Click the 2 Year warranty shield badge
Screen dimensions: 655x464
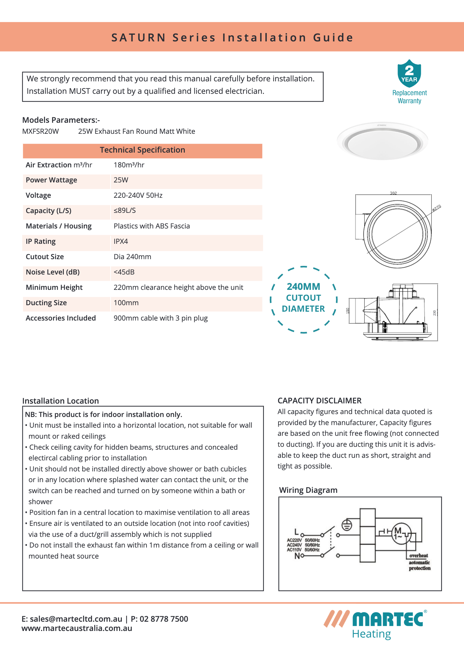[409, 74]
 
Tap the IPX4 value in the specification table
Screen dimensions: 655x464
[121, 241]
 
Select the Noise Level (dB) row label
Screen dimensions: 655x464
[52, 272]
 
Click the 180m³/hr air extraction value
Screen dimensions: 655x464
[129, 165]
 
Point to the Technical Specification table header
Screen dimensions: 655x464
[142, 150]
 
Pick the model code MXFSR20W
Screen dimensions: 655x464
[41, 131]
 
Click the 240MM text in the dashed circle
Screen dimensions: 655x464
[303, 287]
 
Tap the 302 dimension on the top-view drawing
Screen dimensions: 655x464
[393, 193]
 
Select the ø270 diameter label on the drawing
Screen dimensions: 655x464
[436, 208]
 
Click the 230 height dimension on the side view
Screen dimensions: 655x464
[434, 313]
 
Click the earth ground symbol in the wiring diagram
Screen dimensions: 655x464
[347, 525]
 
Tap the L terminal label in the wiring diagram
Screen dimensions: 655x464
[296, 532]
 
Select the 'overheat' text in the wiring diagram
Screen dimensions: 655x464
[418, 555]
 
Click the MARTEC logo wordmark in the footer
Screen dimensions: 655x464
[388, 619]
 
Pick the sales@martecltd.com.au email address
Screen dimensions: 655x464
[76, 619]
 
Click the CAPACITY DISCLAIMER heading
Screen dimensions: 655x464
[319, 401]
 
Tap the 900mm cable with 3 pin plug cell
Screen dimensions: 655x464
[161, 318]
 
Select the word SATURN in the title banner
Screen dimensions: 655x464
[138, 38]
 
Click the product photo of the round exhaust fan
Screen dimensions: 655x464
[382, 141]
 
